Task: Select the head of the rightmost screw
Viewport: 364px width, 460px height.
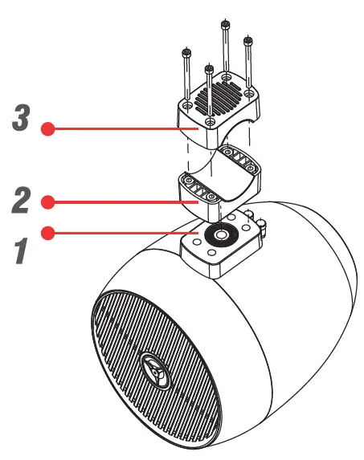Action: (248, 38)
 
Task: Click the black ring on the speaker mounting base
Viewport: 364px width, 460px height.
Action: (218, 237)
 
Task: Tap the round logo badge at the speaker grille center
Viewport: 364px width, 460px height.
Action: (153, 370)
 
